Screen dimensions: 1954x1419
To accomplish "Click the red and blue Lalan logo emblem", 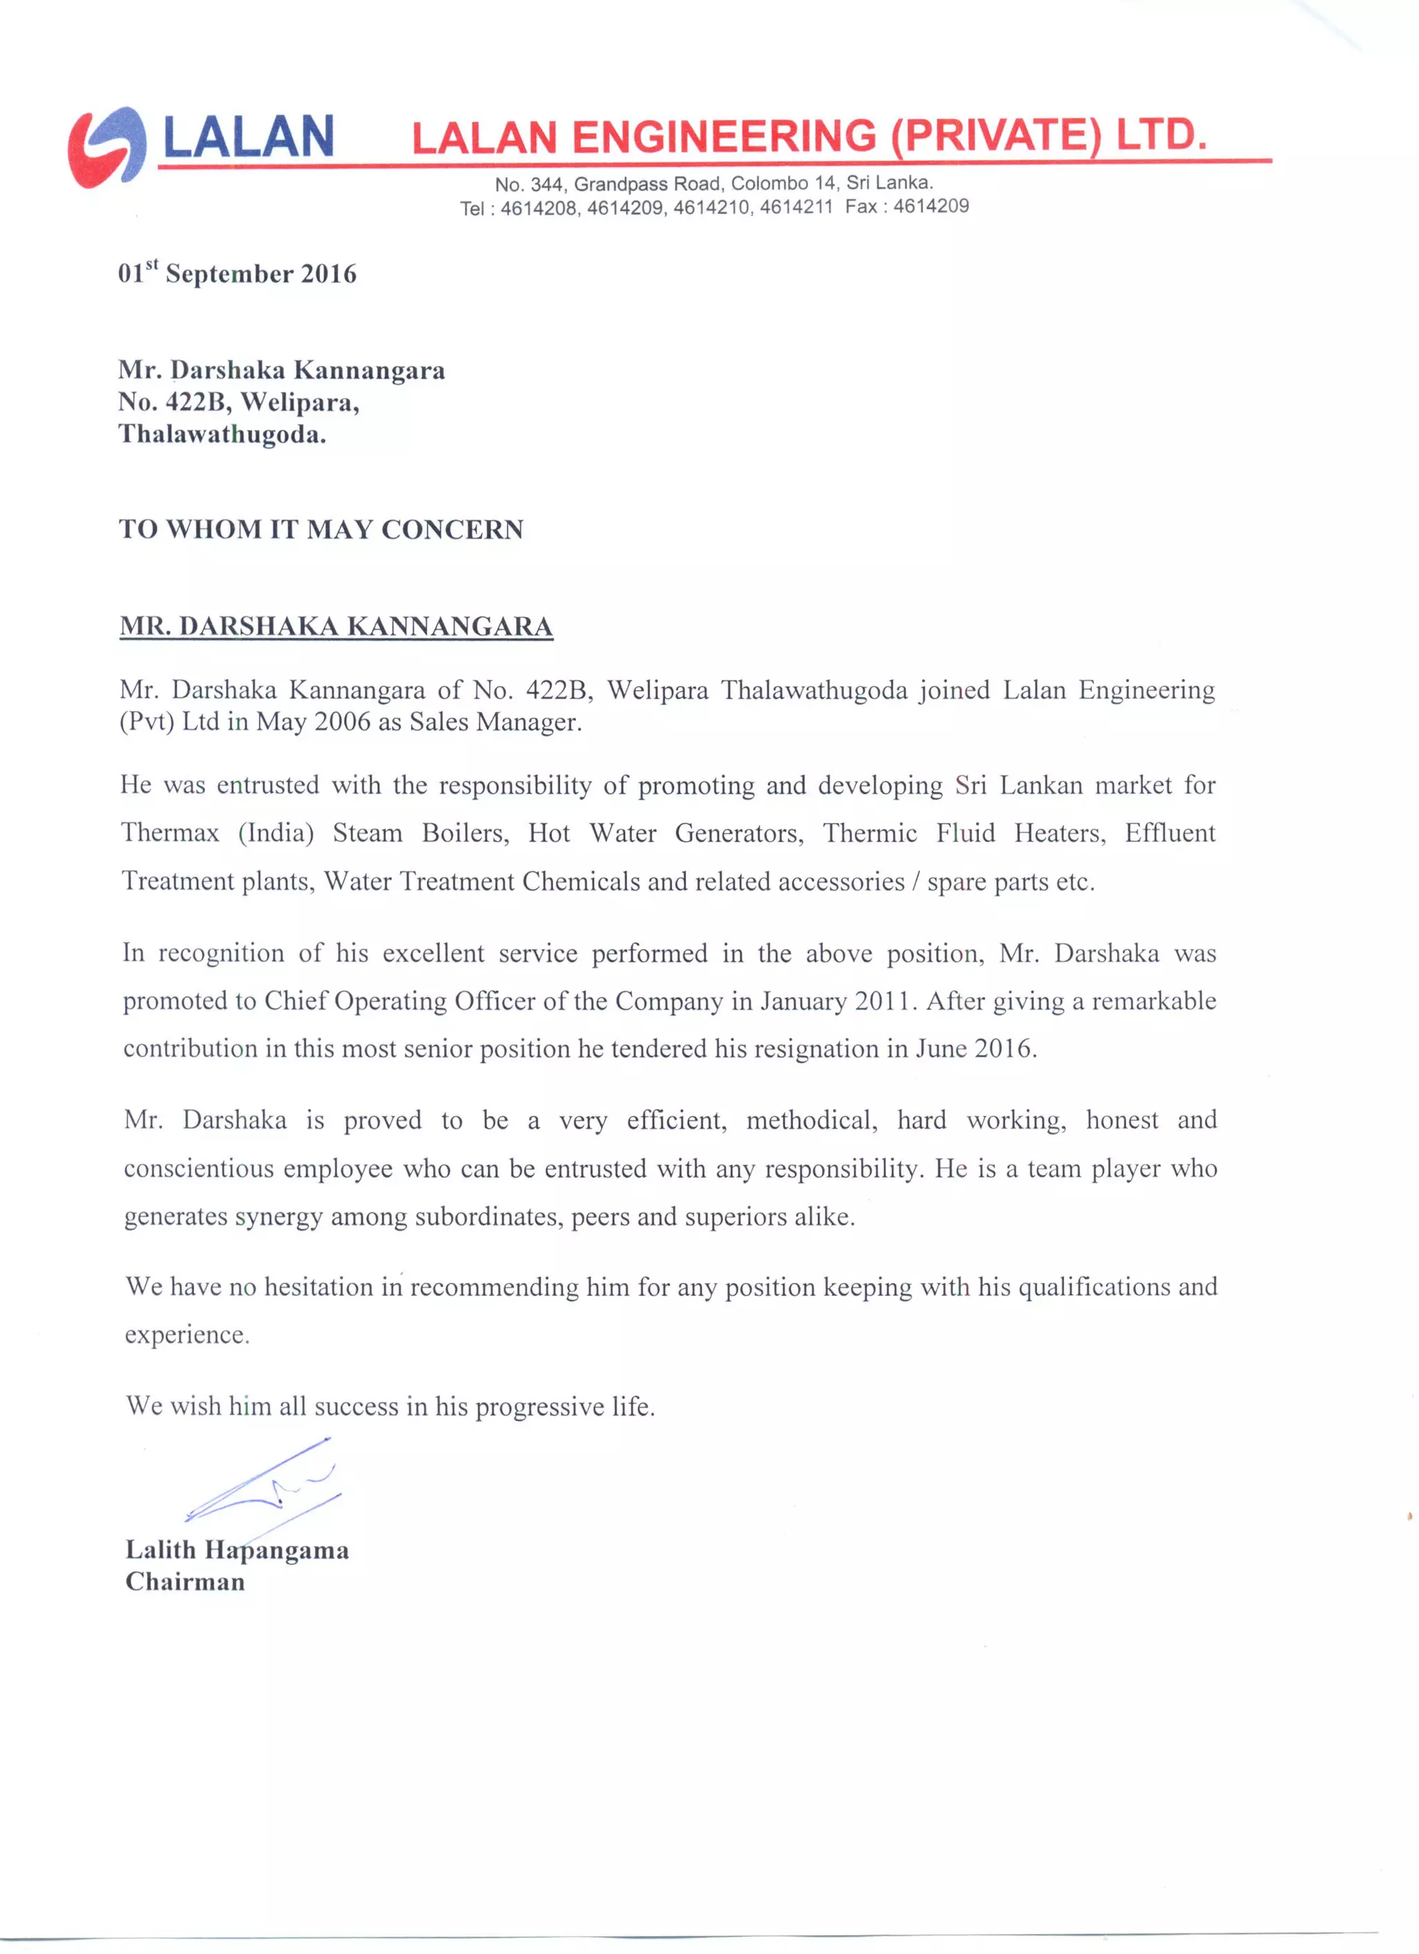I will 106,146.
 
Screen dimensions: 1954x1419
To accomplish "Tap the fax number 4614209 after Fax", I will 931,206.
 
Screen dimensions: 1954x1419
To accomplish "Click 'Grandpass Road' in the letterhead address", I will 648,184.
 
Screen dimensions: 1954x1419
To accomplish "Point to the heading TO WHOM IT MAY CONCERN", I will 321,529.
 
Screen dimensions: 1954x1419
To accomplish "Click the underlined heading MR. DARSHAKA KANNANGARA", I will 336,626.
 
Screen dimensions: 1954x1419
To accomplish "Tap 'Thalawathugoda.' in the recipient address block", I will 222,434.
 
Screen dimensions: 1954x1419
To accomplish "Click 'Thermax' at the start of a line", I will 170,833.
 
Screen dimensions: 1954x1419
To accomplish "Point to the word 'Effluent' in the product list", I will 1169,833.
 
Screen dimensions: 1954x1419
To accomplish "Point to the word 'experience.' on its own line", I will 187,1335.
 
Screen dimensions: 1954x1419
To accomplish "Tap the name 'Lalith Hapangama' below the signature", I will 237,1550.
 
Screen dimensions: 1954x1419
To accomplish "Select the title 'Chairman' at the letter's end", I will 185,1582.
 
